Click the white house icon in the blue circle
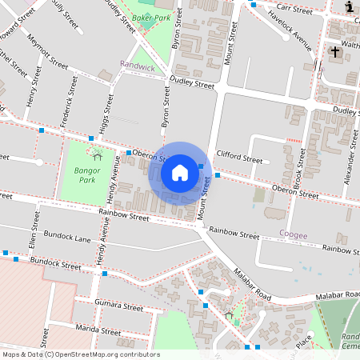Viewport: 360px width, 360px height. point(179,173)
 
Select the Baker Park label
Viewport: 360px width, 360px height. point(152,17)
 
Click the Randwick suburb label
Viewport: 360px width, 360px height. point(137,67)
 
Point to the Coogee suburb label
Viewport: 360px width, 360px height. point(294,234)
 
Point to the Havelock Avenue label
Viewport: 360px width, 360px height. point(290,30)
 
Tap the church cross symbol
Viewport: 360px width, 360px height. point(334,53)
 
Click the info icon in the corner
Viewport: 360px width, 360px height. point(350,7)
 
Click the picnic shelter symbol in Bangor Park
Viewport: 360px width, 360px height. point(95,150)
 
